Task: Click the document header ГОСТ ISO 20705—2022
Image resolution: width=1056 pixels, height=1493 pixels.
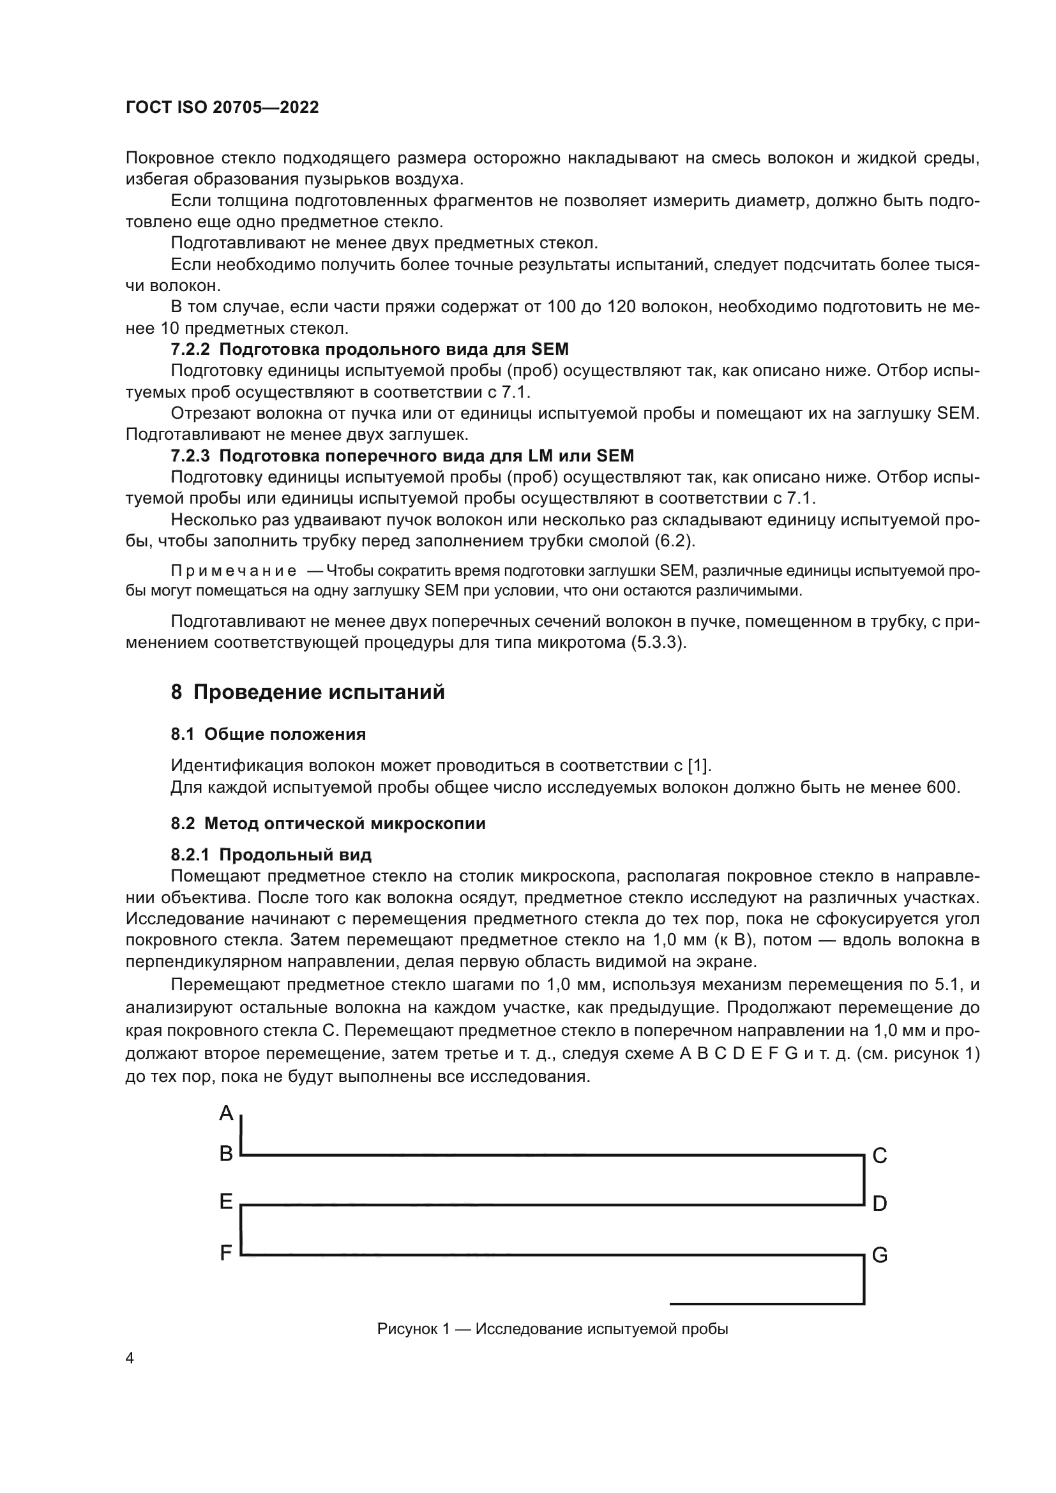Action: pos(222,108)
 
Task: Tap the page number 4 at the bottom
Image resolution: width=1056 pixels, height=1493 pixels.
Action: pos(130,1358)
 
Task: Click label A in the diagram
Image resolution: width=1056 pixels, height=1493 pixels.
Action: pos(225,1113)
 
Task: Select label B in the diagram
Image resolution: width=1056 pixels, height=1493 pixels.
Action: pos(225,1153)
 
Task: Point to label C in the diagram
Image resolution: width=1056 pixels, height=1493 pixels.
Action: pos(879,1155)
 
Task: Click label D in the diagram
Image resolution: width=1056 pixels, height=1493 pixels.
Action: pos(879,1204)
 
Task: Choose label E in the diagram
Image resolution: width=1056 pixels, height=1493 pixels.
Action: pos(225,1202)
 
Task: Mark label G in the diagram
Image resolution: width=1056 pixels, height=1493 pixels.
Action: pos(879,1255)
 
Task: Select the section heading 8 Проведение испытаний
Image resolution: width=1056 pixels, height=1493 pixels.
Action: pos(308,692)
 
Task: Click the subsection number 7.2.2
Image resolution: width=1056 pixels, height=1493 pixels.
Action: pos(190,350)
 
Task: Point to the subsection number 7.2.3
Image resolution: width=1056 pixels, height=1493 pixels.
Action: pos(190,456)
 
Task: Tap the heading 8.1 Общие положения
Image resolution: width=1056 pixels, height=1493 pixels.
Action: pos(268,734)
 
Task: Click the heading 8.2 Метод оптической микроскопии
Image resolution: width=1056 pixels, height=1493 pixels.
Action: pos(328,823)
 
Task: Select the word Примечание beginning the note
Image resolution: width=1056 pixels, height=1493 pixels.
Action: pos(234,571)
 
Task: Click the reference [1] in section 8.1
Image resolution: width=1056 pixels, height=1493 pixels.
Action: pos(699,765)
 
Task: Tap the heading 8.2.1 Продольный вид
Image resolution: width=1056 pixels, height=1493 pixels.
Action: pos(271,855)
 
